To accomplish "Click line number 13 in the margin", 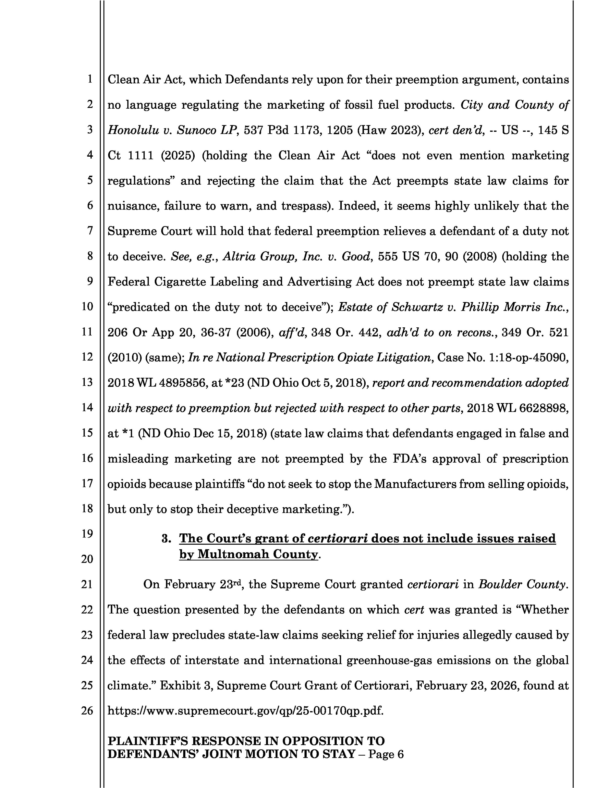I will coord(87,382).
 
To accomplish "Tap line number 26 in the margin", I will coord(87,711).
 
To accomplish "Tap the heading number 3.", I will coord(166,539).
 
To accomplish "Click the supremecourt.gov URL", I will coord(245,711).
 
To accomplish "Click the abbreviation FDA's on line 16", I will coord(409,459).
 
